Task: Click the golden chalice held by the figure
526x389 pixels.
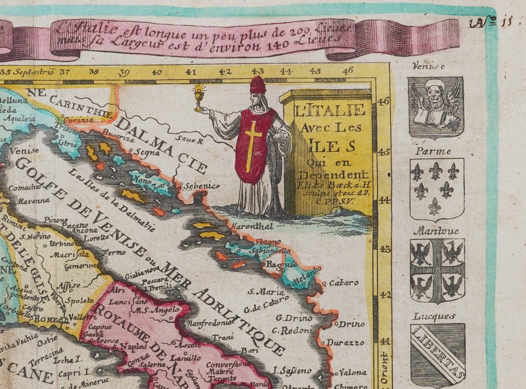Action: click(197, 98)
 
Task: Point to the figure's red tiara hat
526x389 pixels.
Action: click(257, 85)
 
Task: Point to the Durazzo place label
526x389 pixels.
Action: click(345, 342)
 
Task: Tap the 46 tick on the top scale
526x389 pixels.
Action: click(347, 71)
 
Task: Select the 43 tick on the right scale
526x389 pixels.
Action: click(385, 249)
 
